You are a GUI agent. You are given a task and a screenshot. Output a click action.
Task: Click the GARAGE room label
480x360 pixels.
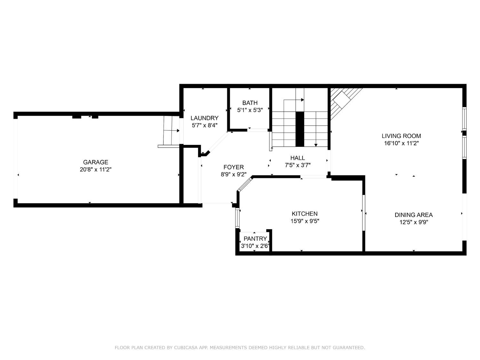[x=96, y=162]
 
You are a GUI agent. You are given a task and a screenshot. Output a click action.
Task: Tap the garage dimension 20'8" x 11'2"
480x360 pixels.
[x=96, y=170]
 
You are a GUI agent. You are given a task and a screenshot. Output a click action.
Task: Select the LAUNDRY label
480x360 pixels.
[x=204, y=118]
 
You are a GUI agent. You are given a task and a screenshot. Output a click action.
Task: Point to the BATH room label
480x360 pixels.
[x=250, y=103]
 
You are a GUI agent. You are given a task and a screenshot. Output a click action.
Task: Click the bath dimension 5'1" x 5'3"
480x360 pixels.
[x=250, y=110]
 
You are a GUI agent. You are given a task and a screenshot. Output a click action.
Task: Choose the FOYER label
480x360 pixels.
[x=234, y=167]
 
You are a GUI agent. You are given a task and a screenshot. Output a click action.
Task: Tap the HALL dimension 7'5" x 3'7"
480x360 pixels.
[x=298, y=165]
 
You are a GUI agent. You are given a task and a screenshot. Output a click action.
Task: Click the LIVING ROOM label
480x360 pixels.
[x=401, y=136]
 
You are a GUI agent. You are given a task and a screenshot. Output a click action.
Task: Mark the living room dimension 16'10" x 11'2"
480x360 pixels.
[x=401, y=143]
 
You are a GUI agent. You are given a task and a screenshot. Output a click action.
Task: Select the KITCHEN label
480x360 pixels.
[x=305, y=213]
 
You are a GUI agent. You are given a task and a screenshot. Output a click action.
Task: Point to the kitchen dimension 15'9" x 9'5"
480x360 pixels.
[x=305, y=221]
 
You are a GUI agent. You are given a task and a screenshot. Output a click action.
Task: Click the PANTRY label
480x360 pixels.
[x=255, y=238]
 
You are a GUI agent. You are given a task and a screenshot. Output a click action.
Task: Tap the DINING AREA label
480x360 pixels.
[x=413, y=215]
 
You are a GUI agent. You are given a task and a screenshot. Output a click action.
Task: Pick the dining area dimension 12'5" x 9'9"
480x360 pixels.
[x=413, y=222]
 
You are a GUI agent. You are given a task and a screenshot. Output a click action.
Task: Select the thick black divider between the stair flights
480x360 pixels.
[x=300, y=129]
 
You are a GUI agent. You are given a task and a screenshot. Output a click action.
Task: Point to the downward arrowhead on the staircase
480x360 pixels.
[x=316, y=145]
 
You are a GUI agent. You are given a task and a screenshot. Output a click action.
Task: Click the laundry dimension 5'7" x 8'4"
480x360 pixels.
[x=204, y=125]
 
